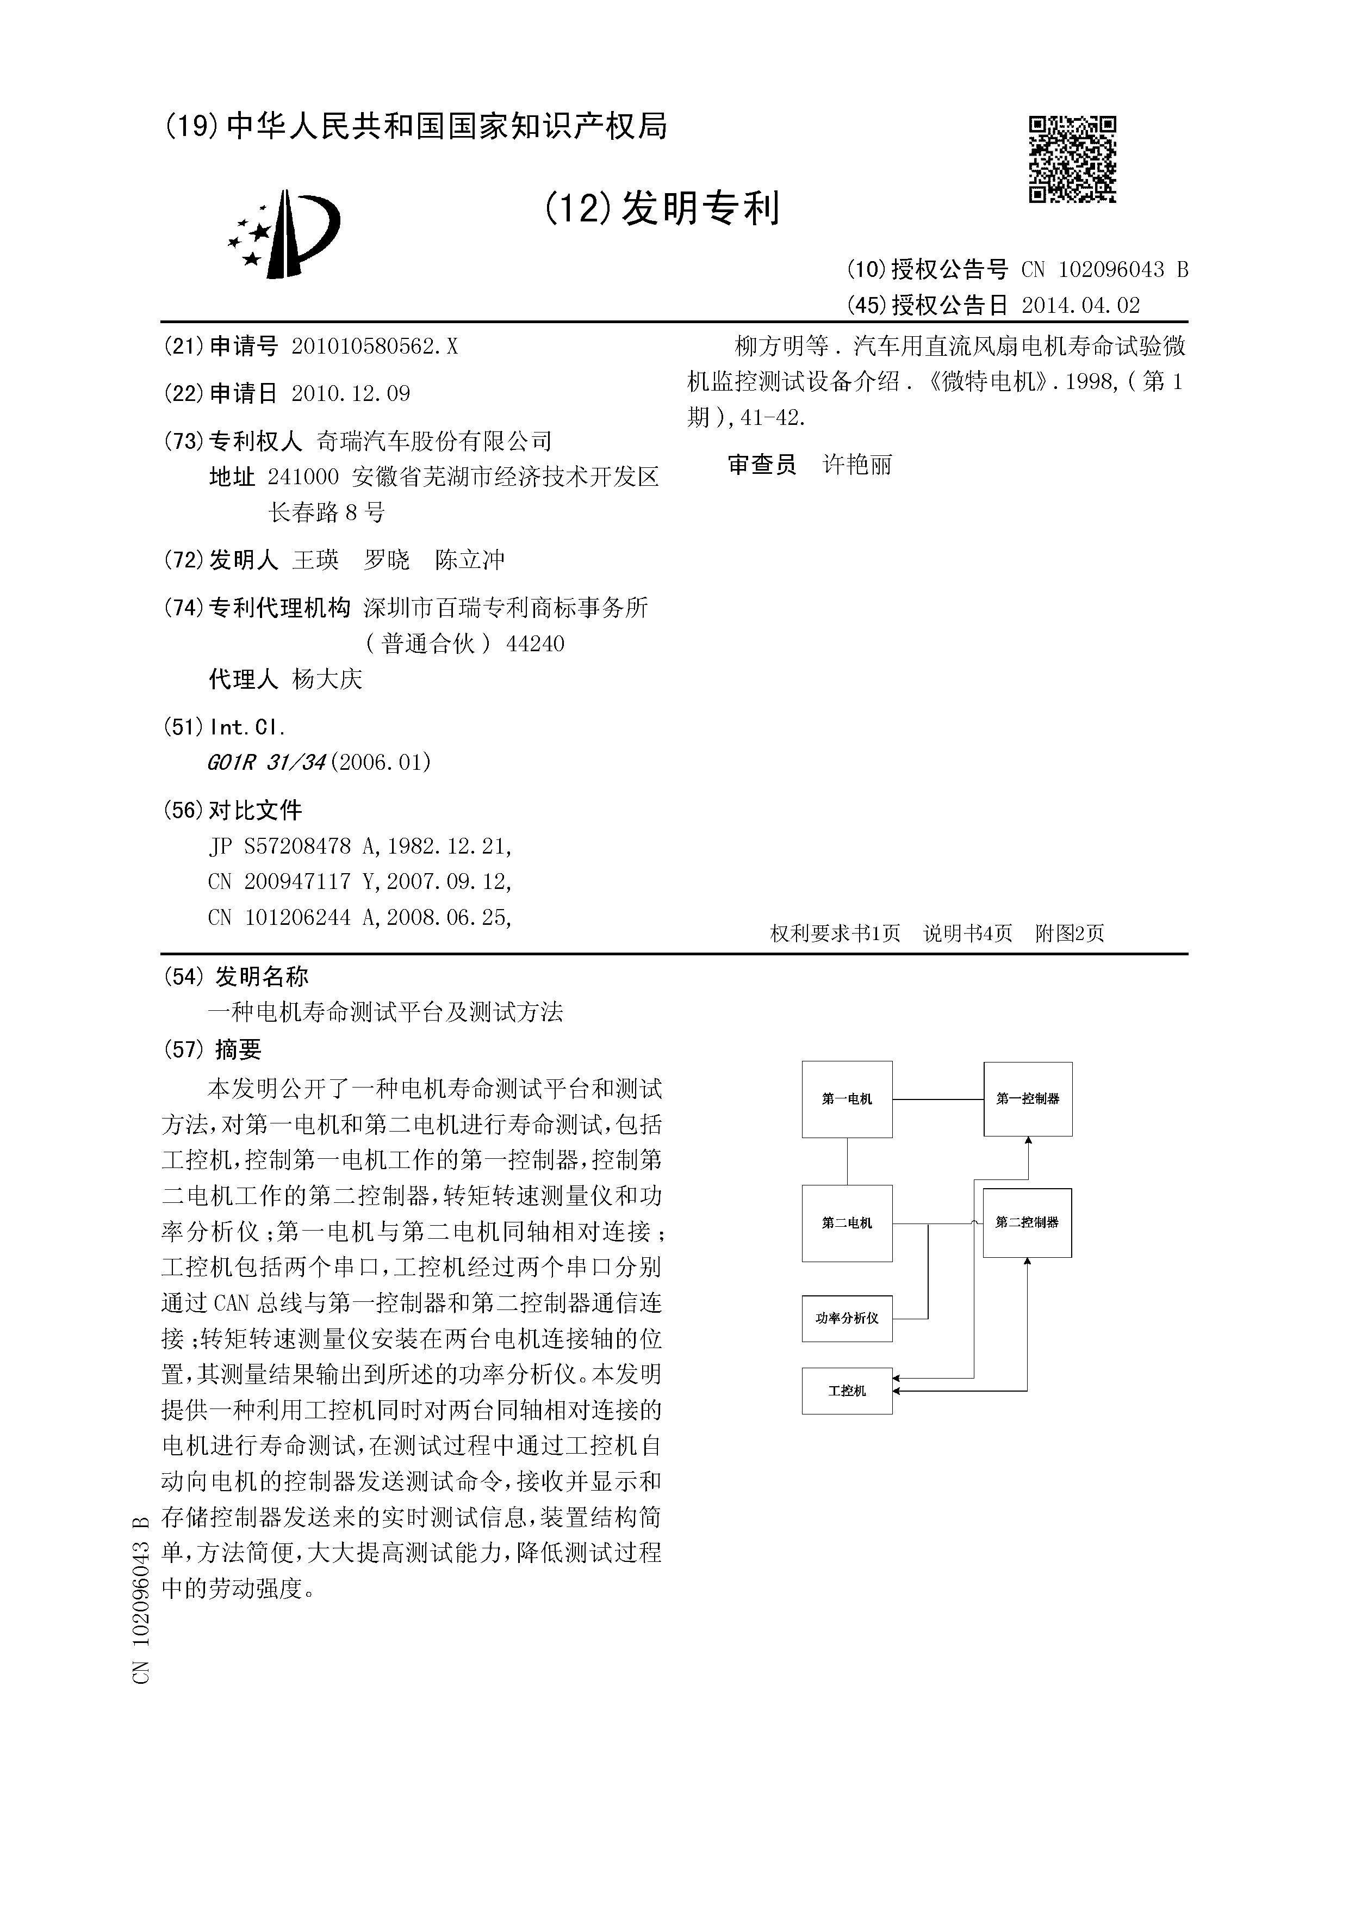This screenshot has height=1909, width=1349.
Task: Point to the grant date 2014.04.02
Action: click(1080, 305)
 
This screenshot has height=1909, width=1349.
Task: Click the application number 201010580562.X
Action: click(374, 347)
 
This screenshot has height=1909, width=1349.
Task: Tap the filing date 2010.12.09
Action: click(351, 393)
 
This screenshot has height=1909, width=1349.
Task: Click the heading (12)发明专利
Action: click(662, 207)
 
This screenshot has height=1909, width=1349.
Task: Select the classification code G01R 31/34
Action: click(266, 762)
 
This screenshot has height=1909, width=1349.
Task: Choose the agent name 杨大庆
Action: click(327, 679)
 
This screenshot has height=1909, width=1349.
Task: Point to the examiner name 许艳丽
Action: click(857, 464)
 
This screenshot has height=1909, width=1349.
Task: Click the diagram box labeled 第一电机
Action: click(847, 1099)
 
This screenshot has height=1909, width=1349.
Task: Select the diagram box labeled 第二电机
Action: click(847, 1223)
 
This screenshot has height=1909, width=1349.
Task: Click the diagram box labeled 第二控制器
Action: click(1027, 1222)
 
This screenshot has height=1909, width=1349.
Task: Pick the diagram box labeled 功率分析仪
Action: click(847, 1318)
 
